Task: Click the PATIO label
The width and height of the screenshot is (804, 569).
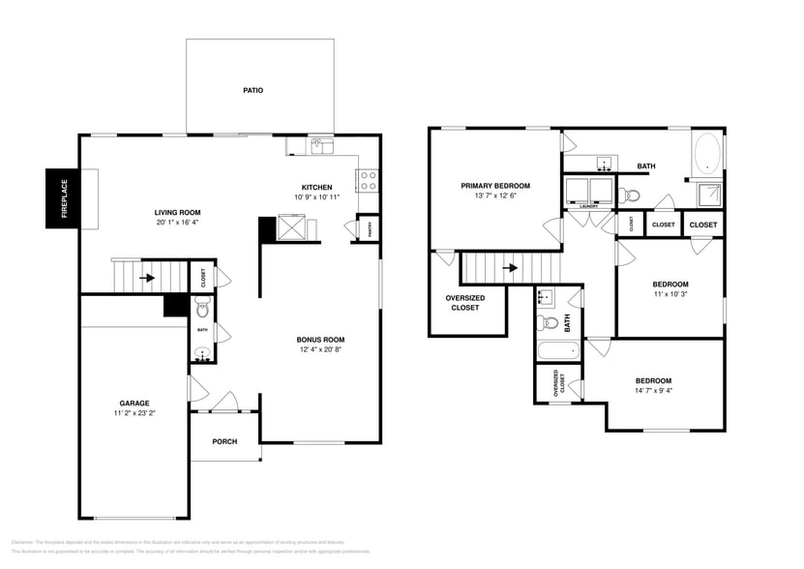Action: pyautogui.click(x=253, y=90)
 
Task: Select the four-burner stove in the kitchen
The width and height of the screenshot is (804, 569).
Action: pyautogui.click(x=369, y=181)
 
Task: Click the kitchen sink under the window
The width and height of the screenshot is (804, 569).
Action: pyautogui.click(x=321, y=146)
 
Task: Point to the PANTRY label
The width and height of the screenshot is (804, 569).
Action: pyautogui.click(x=368, y=229)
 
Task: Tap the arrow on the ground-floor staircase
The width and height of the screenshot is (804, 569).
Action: pyautogui.click(x=147, y=276)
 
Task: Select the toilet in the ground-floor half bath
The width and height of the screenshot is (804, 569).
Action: pyautogui.click(x=202, y=309)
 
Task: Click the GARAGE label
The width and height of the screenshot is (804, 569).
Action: pyautogui.click(x=134, y=403)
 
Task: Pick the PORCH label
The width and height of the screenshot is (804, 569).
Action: pyautogui.click(x=224, y=441)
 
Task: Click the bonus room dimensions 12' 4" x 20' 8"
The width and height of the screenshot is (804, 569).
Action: pyautogui.click(x=320, y=350)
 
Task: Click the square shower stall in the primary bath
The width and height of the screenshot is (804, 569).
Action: pyautogui.click(x=711, y=194)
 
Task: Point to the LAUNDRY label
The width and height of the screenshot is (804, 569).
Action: pyautogui.click(x=589, y=206)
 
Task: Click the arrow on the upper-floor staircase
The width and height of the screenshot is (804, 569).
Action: pyautogui.click(x=510, y=267)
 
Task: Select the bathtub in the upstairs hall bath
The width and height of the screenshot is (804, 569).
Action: pyautogui.click(x=557, y=350)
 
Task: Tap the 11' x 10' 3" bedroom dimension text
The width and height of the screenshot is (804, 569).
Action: pyautogui.click(x=670, y=293)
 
